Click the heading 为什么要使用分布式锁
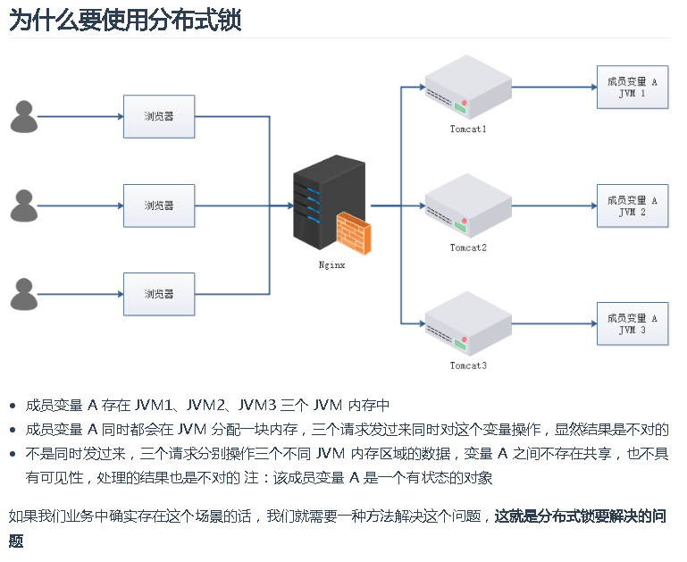(125, 21)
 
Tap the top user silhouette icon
(24, 117)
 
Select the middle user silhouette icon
(24, 206)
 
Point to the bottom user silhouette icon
(24, 294)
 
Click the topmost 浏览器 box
(159, 117)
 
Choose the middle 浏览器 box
(159, 206)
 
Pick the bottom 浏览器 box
(159, 294)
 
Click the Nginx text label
(331, 264)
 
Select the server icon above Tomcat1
(467, 88)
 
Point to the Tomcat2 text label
(468, 247)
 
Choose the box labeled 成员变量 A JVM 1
(632, 88)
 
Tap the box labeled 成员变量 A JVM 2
(632, 206)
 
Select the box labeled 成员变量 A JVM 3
(632, 323)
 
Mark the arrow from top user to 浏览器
(80, 117)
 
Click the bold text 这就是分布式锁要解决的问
(580, 516)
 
